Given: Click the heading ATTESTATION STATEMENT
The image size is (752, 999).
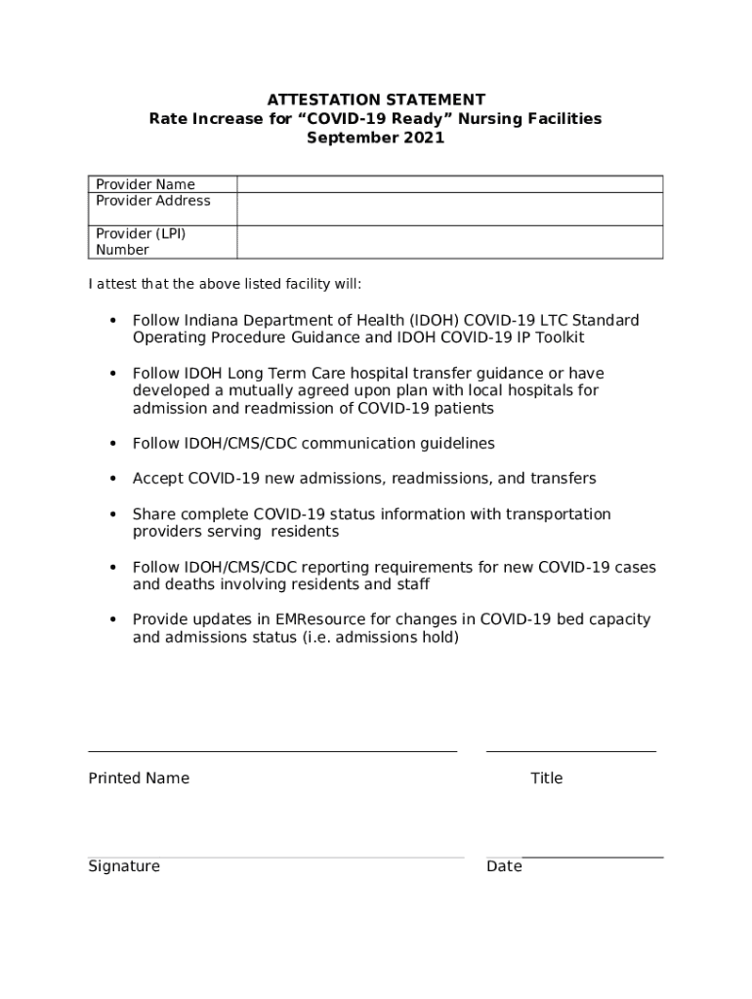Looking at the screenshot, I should [376, 100].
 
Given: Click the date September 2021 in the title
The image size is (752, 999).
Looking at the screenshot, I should [376, 138].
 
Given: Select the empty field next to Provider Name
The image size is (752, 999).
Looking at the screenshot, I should [449, 184].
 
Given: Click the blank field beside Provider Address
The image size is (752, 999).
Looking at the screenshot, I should [449, 209].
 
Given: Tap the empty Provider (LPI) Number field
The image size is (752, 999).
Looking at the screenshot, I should [449, 242].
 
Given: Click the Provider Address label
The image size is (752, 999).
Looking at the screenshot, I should [153, 201].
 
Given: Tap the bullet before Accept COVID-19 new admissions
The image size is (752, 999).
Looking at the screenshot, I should [113, 479].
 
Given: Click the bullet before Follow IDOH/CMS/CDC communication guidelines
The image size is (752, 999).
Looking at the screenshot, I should [113, 444].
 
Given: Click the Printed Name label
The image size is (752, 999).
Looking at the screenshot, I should [139, 778].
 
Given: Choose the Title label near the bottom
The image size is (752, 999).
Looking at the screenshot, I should [547, 778].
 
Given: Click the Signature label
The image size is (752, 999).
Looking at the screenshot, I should [124, 866].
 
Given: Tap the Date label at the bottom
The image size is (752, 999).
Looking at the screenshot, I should [504, 866].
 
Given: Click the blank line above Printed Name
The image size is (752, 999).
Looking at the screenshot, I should [272, 751].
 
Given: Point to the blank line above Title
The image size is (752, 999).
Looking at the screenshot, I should [571, 751].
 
